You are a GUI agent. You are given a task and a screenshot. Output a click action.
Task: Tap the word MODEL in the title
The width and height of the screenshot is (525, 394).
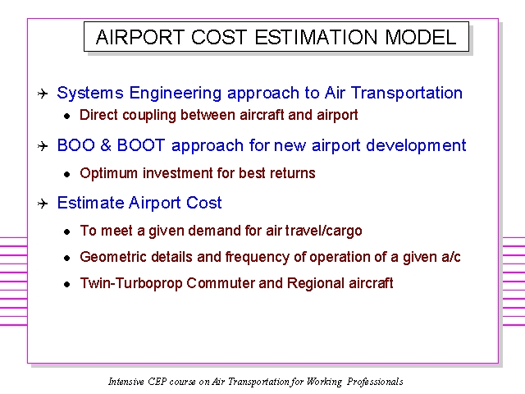421,37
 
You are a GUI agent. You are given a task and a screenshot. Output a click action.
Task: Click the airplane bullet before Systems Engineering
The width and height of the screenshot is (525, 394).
43,94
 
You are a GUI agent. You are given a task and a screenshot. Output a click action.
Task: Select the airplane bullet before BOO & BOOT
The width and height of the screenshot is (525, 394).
43,146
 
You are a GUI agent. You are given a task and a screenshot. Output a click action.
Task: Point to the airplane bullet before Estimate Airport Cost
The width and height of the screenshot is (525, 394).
43,204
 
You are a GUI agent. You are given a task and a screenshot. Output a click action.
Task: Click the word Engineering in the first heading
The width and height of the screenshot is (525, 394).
175,94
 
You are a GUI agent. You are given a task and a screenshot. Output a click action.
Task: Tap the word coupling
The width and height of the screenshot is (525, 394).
149,116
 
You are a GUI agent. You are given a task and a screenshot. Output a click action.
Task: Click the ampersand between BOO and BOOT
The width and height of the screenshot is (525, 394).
106,145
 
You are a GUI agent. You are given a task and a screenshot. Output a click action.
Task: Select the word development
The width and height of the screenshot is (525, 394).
416,146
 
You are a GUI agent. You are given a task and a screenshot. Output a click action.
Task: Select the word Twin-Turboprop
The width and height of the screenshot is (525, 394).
131,283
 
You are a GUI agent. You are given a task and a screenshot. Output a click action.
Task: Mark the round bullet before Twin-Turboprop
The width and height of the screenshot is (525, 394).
67,285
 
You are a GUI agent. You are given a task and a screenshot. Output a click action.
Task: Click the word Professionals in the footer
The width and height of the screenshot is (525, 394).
375,382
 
